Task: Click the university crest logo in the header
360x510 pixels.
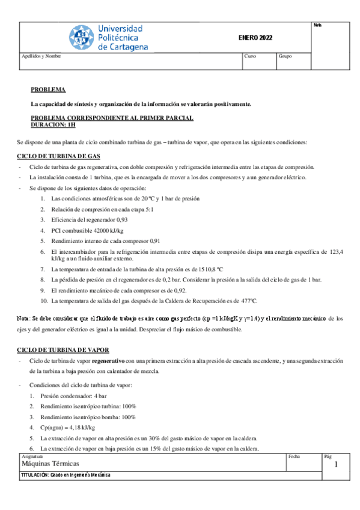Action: [81, 38]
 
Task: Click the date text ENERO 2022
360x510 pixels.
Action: [255, 38]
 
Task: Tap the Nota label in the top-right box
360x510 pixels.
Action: [317, 25]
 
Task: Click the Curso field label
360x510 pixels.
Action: [250, 56]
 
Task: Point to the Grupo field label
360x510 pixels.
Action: [285, 56]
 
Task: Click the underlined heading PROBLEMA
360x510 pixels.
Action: [48, 89]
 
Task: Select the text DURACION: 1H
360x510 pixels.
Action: [53, 125]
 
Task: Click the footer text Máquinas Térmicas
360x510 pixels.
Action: [50, 464]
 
